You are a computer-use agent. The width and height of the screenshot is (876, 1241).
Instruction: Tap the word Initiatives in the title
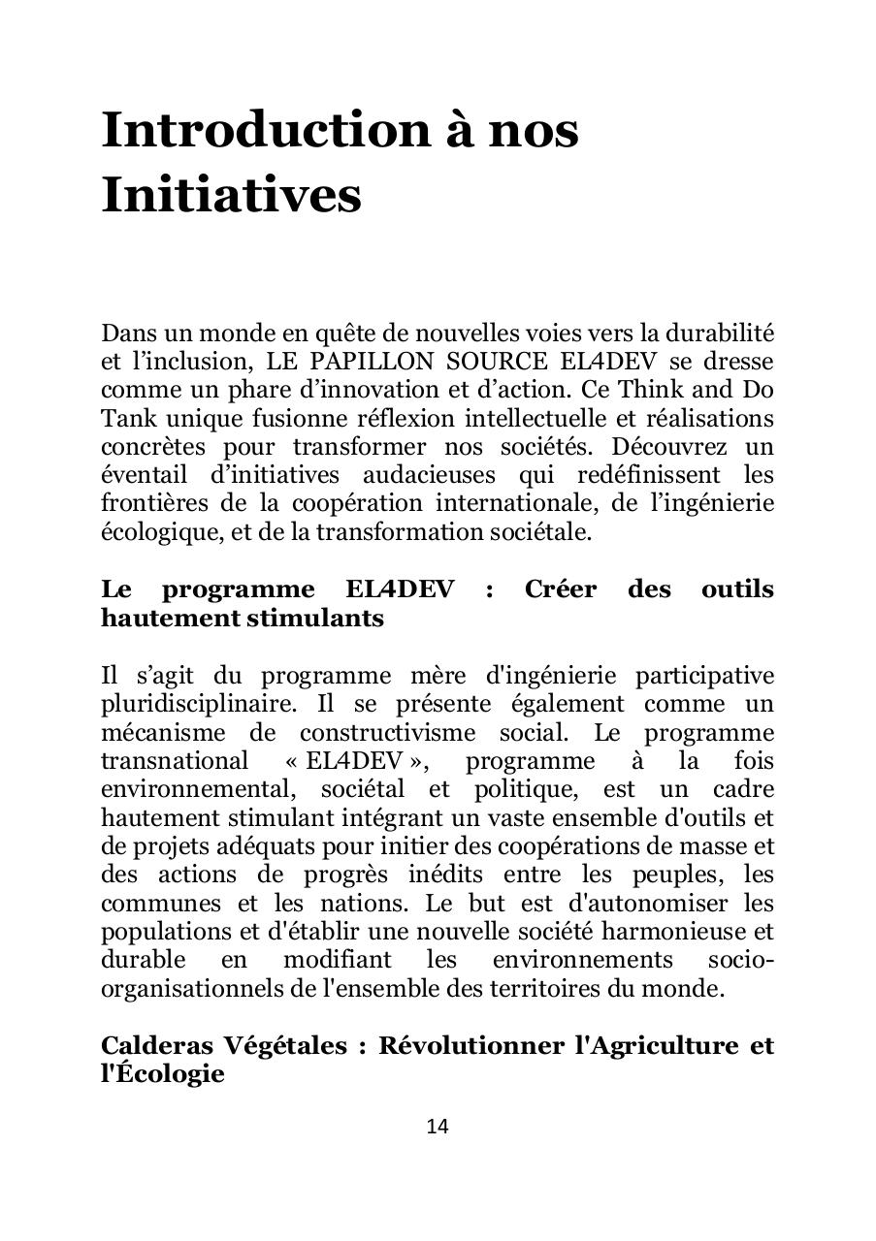click(231, 194)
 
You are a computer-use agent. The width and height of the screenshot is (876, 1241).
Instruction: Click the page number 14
click(438, 1126)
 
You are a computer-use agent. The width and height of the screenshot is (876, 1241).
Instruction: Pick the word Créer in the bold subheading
click(560, 589)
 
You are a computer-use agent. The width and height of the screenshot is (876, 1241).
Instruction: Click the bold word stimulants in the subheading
click(315, 618)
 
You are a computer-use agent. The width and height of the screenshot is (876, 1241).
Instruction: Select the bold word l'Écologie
click(163, 1075)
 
